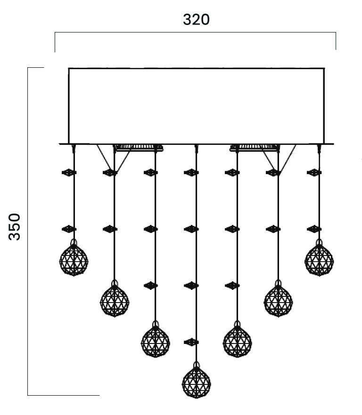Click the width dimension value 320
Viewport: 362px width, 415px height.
tap(196, 20)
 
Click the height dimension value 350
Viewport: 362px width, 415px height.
tap(15, 226)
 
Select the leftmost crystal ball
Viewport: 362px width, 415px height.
tap(74, 260)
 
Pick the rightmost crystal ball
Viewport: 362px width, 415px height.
tap(319, 260)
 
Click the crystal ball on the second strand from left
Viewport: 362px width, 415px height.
tap(115, 300)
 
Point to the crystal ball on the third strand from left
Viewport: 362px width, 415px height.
tap(155, 341)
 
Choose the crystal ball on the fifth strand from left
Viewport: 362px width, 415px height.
tap(237, 341)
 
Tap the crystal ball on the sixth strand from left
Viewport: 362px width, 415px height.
tap(278, 300)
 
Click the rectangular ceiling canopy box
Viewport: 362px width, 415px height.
tap(196, 105)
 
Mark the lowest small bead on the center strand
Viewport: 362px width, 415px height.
tap(191, 342)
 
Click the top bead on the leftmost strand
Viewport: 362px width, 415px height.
tap(69, 173)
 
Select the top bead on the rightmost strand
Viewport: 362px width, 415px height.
tap(314, 173)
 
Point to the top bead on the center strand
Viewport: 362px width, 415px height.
tap(191, 173)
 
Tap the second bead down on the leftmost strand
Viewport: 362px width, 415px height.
tap(69, 229)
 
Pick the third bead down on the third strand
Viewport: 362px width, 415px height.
tap(150, 285)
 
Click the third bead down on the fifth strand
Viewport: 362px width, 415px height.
tap(232, 285)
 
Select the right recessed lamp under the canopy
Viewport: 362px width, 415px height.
tap(253, 148)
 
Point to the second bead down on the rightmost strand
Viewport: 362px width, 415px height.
tap(314, 229)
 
